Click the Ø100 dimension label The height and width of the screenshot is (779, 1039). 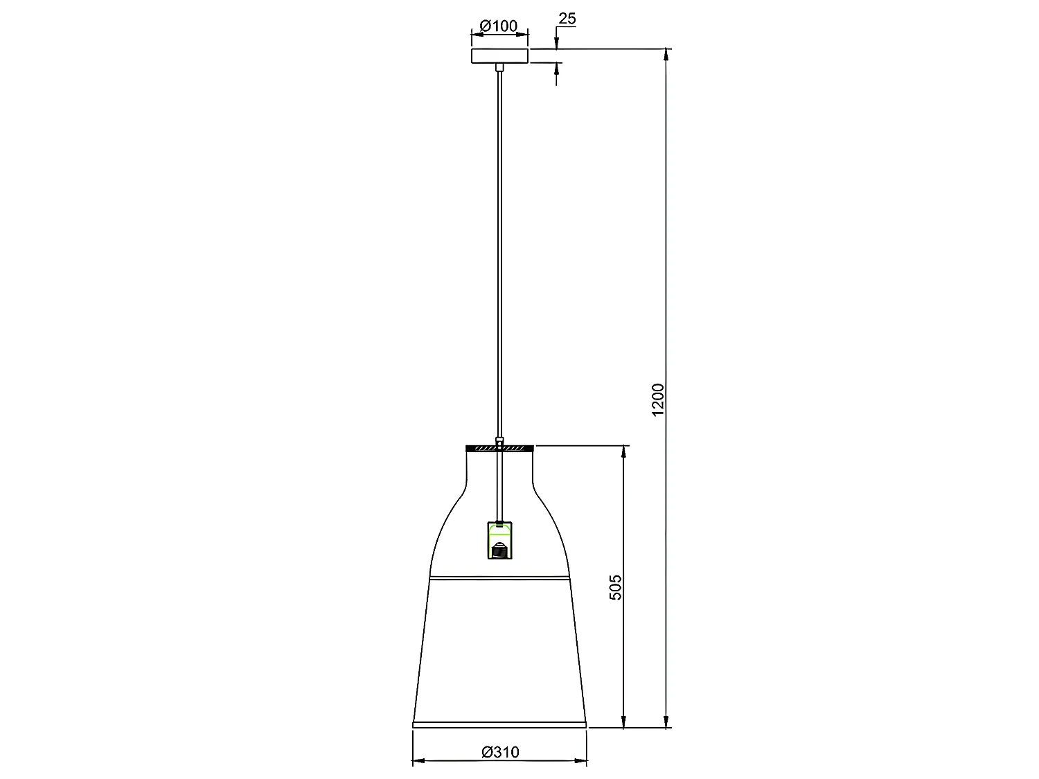499,26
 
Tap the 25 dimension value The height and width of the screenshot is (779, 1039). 567,19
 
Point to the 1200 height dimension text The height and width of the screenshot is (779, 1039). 658,400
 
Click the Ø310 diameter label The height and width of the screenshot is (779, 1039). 499,751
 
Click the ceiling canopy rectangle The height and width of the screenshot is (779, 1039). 499,56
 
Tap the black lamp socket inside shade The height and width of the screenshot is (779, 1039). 499,551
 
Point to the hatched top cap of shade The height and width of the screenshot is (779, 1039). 499,448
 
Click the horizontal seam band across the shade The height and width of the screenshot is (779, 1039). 499,577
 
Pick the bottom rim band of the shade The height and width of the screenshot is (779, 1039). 499,724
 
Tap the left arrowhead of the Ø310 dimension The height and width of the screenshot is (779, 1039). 417,762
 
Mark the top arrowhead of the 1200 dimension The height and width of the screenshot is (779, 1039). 667,54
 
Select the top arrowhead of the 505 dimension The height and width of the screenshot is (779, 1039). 624,451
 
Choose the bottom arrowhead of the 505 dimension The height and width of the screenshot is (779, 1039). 624,722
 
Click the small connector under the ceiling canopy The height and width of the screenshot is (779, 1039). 499,67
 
